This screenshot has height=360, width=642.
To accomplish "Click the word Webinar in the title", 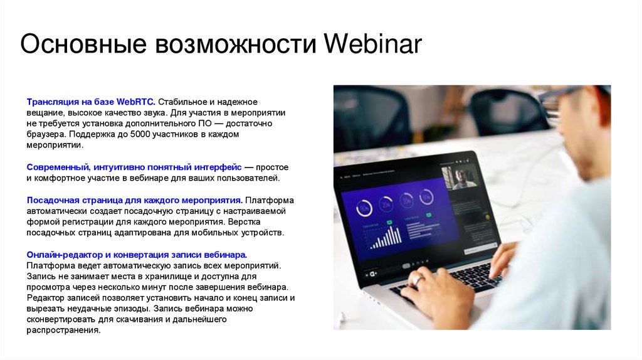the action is tap(372, 43).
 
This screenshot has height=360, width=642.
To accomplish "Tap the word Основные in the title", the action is tap(83, 43).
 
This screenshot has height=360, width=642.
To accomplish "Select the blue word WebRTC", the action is tap(135, 102).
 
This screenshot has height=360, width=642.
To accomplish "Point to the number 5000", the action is tap(140, 134).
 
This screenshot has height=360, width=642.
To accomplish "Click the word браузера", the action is tap(46, 134).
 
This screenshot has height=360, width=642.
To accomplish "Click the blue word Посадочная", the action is tap(53, 200).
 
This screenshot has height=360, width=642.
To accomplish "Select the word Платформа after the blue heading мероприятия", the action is tap(270, 200).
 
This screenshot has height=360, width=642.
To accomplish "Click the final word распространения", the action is tap(63, 330).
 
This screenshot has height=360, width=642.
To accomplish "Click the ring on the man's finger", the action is tap(417, 280).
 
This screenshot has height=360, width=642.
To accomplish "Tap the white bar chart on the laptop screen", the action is tap(386, 237).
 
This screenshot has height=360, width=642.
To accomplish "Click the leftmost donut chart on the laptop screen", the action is tap(364, 208).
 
